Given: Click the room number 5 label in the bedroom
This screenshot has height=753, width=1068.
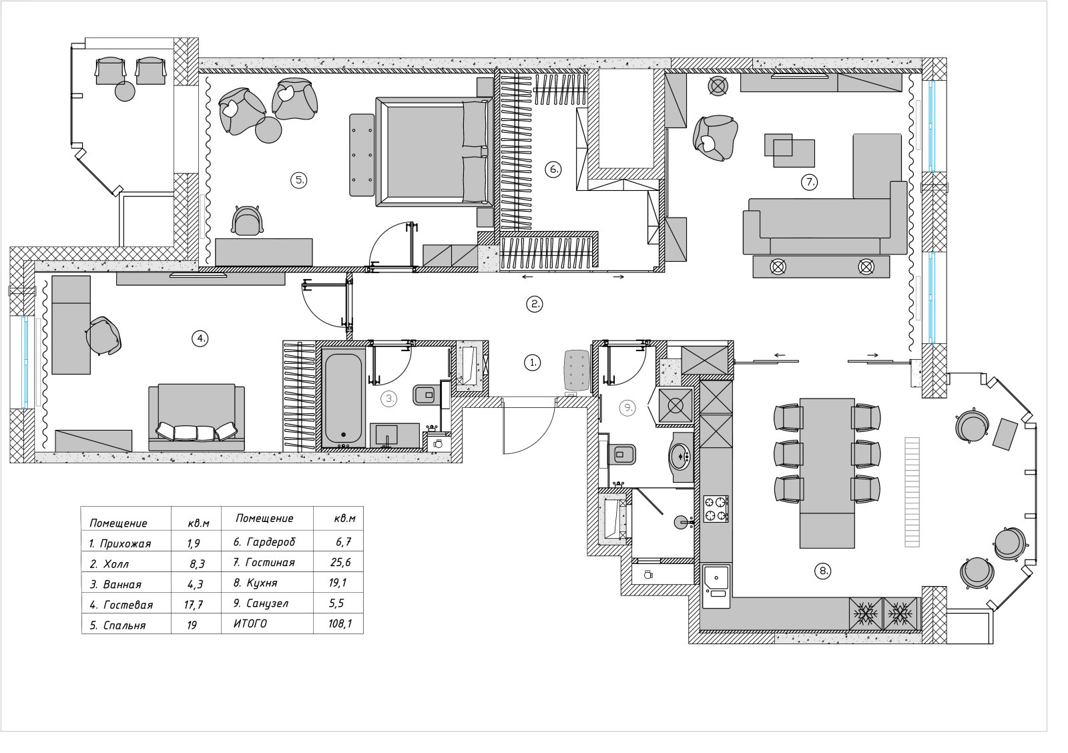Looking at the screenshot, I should point(298,180).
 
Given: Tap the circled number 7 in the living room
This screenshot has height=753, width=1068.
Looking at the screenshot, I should point(808,182).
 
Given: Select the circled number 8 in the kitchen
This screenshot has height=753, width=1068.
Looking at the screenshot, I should point(823,571).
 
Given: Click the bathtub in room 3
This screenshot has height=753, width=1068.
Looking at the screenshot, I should point(343,399).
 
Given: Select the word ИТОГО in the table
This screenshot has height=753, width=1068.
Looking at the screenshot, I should point(250,623).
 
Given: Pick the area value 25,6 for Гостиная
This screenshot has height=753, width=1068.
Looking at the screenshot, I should point(340,562).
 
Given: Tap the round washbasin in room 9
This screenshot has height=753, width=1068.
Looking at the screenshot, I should point(681,456).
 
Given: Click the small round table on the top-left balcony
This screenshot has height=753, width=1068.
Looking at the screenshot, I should point(125,91).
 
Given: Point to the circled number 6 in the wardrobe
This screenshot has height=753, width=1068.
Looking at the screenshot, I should point(553,170).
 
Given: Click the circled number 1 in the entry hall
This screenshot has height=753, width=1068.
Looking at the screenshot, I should point(532,362).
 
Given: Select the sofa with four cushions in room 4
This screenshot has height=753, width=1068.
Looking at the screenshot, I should point(196,417).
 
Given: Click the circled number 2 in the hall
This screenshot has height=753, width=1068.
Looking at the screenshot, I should point(535,304).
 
